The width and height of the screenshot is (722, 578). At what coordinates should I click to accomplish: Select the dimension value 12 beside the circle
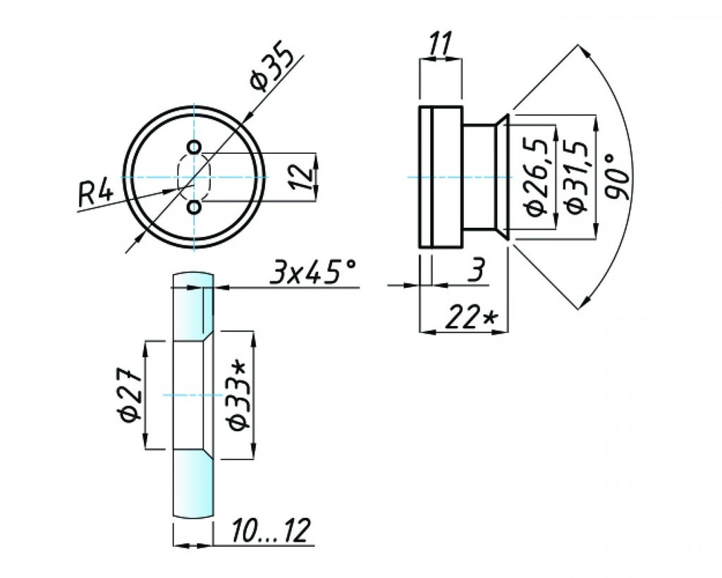point(301,176)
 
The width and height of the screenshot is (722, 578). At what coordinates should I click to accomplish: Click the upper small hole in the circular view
point(195,147)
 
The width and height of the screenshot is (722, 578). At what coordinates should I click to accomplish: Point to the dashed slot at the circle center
point(195,176)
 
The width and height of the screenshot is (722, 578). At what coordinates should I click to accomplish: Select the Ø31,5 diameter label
point(575,176)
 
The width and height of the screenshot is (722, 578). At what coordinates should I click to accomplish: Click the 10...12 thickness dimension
point(264,532)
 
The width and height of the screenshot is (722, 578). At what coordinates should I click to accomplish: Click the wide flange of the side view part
point(441,176)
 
